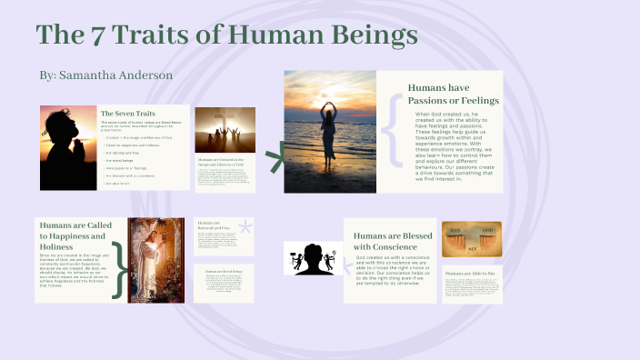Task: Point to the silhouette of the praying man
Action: (x=65, y=147)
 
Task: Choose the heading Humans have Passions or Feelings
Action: (x=447, y=94)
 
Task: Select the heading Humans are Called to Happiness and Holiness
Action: (x=75, y=235)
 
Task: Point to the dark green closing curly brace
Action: (x=117, y=269)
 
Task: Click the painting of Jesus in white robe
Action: (x=157, y=259)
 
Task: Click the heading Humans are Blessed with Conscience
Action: (x=388, y=241)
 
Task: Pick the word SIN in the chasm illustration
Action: (x=472, y=246)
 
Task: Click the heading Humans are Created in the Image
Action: (x=225, y=161)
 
